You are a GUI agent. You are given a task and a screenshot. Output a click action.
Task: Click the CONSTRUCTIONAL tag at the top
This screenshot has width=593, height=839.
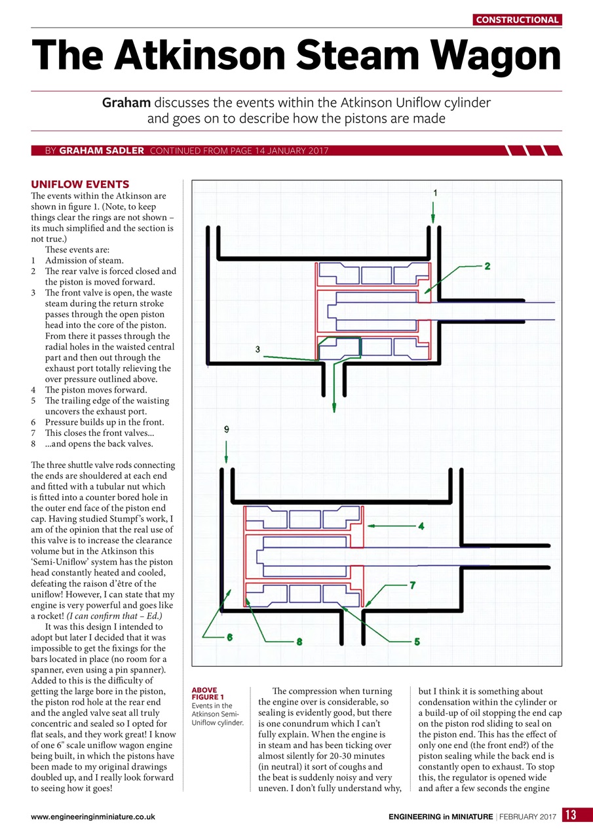pyautogui.click(x=517, y=20)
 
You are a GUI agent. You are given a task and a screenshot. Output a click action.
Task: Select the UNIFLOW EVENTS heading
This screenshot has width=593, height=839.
pyautogui.click(x=80, y=184)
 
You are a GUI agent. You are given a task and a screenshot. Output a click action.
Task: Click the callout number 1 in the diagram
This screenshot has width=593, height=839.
pyautogui.click(x=435, y=193)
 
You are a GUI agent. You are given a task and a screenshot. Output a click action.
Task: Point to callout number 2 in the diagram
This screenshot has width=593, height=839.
pyautogui.click(x=488, y=266)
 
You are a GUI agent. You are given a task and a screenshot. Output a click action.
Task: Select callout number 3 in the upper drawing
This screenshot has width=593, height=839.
pyautogui.click(x=258, y=349)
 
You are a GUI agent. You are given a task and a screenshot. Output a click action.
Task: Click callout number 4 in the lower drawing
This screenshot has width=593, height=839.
pyautogui.click(x=421, y=526)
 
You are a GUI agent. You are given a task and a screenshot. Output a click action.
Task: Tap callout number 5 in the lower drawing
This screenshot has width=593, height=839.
pyautogui.click(x=417, y=642)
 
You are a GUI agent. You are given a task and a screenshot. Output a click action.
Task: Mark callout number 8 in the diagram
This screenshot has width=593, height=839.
pyautogui.click(x=299, y=642)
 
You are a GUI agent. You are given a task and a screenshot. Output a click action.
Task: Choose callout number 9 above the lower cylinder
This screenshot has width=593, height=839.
pyautogui.click(x=227, y=429)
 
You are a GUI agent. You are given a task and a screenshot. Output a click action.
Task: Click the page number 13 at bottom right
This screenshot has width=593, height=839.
pyautogui.click(x=571, y=815)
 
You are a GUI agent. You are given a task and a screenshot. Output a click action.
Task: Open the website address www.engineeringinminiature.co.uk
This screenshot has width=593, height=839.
pyautogui.click(x=92, y=817)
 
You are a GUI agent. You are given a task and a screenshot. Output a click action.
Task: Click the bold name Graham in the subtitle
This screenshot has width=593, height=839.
pyautogui.click(x=126, y=103)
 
